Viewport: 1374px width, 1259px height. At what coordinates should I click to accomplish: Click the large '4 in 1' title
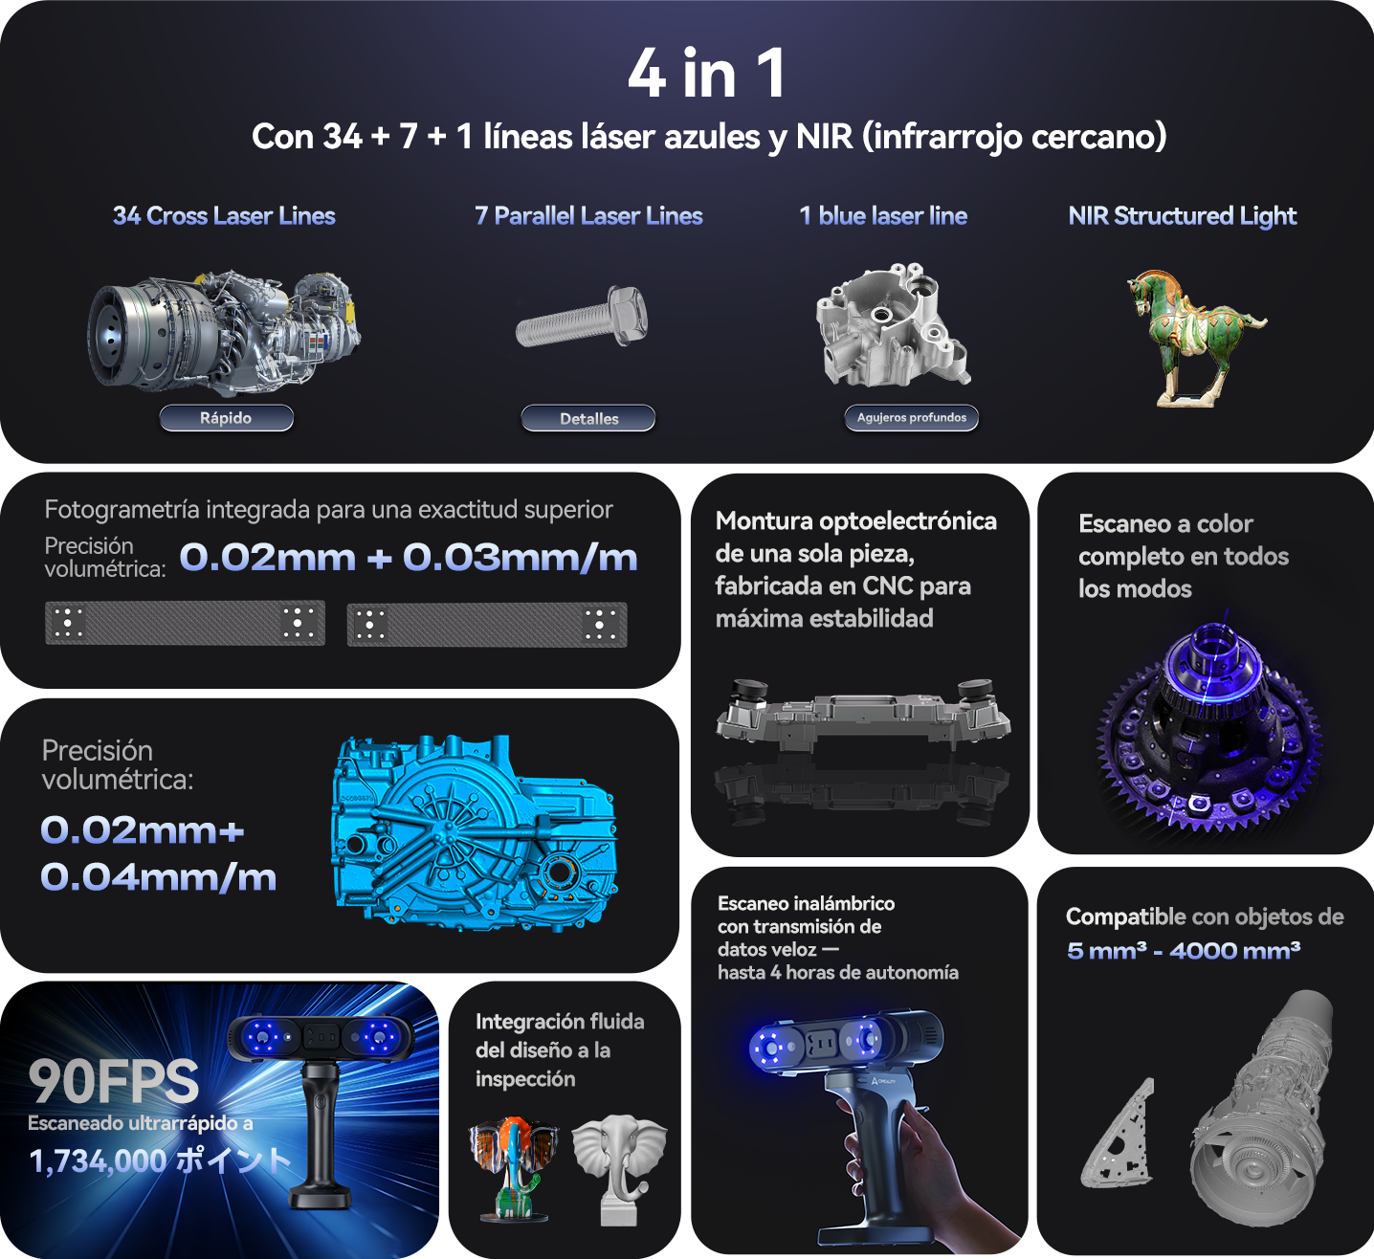706,74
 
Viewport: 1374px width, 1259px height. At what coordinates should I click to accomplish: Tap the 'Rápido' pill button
226,418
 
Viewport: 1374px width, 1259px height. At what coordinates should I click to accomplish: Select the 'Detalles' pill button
588,419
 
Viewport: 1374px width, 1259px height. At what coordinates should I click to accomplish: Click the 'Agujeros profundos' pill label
911,418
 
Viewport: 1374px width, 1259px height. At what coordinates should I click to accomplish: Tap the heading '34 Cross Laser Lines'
224,216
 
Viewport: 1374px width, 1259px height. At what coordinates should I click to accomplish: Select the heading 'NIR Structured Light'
1182,216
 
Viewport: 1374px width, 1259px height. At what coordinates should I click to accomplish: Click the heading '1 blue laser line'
882,216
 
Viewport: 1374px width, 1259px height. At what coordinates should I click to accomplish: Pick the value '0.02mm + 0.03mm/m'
409,557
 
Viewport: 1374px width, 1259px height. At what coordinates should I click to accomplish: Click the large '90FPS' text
114,1081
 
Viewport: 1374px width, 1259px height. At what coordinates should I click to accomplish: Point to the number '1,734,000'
98,1161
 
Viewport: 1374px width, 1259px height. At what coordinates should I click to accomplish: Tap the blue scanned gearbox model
474,832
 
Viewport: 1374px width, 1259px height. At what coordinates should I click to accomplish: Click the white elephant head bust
620,1167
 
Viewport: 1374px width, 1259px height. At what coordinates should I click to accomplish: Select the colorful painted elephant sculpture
513,1167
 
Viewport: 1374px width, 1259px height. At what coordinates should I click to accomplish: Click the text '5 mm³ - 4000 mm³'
1183,951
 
